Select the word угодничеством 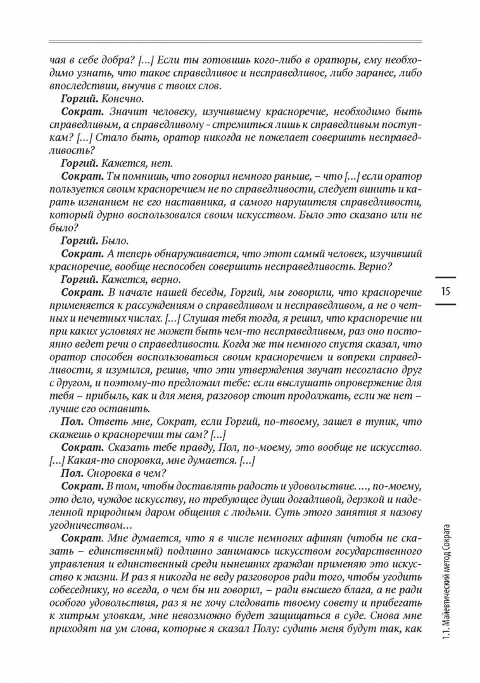click(x=89, y=526)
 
